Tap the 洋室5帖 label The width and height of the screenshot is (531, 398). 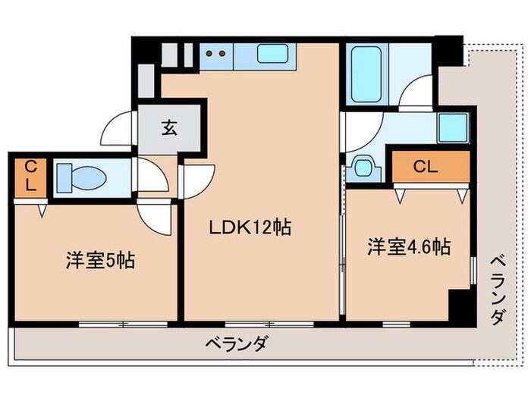point(99,261)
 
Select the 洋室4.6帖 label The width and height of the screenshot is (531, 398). point(409,247)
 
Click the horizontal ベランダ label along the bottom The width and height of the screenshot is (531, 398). point(236,344)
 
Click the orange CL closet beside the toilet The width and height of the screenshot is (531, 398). point(30,177)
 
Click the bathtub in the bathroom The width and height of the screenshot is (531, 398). point(365,73)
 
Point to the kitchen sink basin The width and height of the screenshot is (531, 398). point(270,55)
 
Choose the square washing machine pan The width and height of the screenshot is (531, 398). point(452,128)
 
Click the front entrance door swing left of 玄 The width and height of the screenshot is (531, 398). point(121,130)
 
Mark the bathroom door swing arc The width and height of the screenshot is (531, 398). point(416,96)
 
